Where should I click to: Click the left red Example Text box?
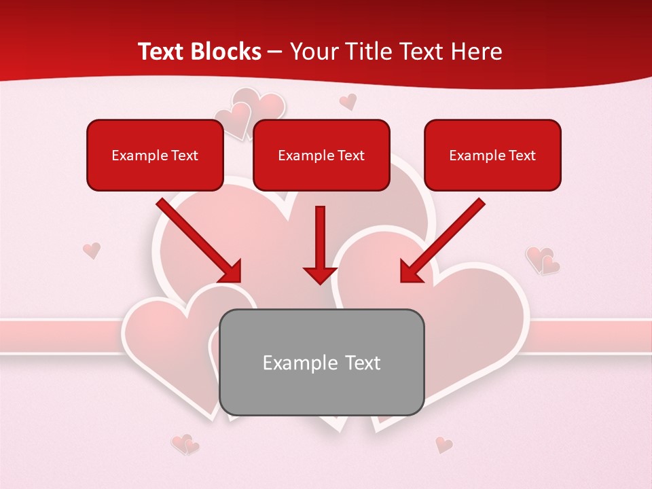point(155,155)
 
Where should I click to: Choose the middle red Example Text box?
point(321,155)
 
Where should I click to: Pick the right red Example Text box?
point(492,155)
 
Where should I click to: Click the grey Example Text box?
point(321,362)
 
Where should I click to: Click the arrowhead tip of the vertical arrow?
point(320,282)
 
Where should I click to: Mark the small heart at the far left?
point(92,250)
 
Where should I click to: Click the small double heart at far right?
point(543,260)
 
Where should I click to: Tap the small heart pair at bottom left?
point(185,444)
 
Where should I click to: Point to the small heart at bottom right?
point(443,445)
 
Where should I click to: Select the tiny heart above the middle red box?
point(348,102)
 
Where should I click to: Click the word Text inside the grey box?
point(363,363)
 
